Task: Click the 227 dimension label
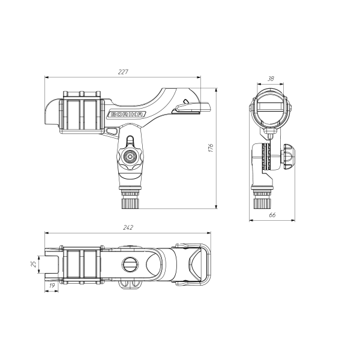click(x=123, y=72)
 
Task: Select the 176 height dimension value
click(x=211, y=148)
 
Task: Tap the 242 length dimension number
click(x=128, y=227)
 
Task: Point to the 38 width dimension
click(x=271, y=79)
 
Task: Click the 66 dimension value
click(x=272, y=215)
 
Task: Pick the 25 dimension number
click(x=34, y=264)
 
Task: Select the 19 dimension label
click(x=52, y=286)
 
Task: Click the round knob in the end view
click(x=289, y=157)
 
